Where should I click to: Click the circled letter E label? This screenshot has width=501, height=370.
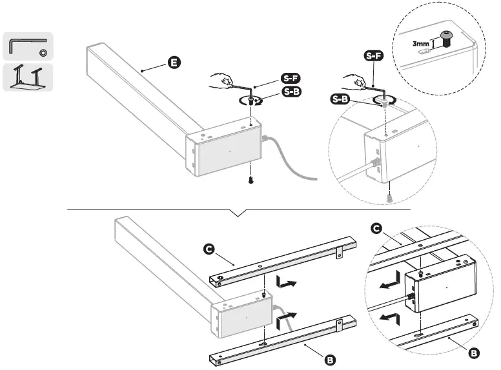[x=173, y=63]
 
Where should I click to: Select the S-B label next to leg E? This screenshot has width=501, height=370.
[x=291, y=93]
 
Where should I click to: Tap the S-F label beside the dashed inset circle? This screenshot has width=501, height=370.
[x=373, y=56]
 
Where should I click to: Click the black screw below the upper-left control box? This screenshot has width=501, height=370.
[x=251, y=180]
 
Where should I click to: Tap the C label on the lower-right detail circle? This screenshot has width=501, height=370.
[x=378, y=229]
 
